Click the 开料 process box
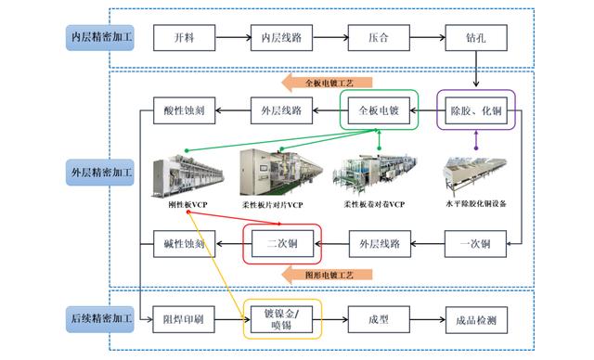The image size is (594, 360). click(184, 39)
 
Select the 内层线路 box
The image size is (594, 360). click(282, 39)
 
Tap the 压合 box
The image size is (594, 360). click(378, 39)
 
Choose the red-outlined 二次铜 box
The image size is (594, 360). click(282, 245)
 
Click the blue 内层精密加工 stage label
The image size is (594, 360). click(102, 38)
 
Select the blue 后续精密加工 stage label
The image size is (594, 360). click(102, 319)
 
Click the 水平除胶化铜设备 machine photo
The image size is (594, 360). click(476, 171)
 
